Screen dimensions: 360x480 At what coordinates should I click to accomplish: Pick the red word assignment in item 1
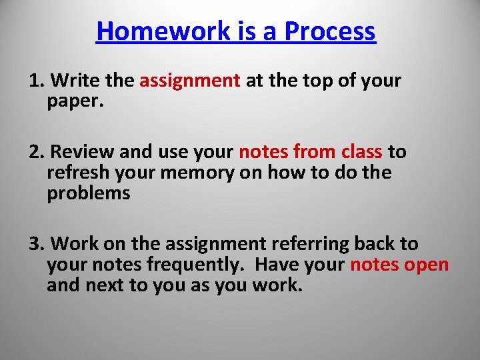click(x=190, y=81)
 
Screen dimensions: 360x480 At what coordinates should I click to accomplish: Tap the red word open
click(x=427, y=265)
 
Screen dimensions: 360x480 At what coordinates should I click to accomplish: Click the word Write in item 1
click(x=75, y=81)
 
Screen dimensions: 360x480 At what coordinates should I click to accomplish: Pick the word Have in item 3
click(x=277, y=265)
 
